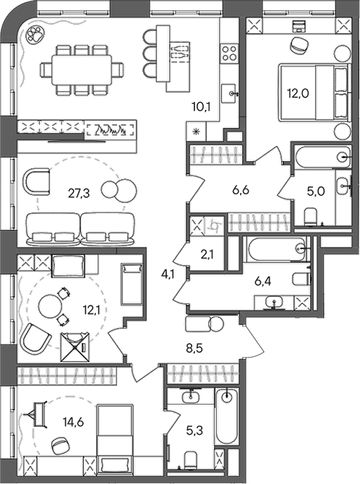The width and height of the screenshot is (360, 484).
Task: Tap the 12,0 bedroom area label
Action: pos(298,93)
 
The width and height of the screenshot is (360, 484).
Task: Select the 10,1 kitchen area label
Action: pos(201,108)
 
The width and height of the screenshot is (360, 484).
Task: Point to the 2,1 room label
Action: pos(207,255)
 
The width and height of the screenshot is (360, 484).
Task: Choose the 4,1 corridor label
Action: pos(168,274)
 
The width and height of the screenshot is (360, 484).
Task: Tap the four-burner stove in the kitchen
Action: pos(229,53)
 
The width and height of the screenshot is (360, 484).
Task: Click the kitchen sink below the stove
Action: pos(230,93)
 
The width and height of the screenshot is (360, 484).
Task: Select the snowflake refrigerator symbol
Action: pos(196,131)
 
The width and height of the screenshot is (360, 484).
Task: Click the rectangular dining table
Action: pos(82,70)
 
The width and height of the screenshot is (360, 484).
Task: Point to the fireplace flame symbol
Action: pos(111,129)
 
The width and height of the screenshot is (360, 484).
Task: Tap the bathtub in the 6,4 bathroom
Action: pos(276,249)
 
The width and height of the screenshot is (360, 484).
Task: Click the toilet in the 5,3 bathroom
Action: pos(191,461)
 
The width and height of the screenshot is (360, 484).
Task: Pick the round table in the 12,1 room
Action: pos(50,306)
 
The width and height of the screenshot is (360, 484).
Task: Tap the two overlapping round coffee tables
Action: pos(119,189)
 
